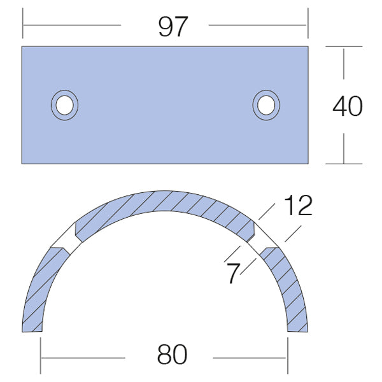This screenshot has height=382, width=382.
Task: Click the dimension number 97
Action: pos(173,26)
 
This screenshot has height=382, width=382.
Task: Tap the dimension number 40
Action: pos(348,106)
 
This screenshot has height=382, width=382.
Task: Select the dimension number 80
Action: pos(173,354)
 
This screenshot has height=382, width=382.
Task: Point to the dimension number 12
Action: pos(298,205)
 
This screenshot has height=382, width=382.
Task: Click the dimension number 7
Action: pos(233,273)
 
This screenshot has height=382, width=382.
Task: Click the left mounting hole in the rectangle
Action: pos(64,105)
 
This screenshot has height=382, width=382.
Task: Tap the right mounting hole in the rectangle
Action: pos(266,105)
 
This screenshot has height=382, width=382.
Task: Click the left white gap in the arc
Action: pos(66,238)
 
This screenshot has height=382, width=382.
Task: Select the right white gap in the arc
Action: pos(262,238)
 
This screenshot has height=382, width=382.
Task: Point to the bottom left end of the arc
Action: pos(32,331)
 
